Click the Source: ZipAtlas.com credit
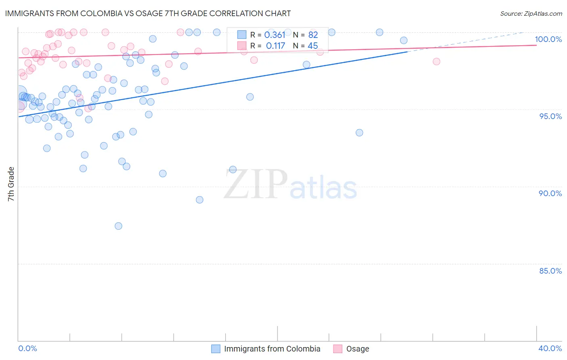(x=531, y=13)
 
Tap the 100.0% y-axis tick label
(x=548, y=39)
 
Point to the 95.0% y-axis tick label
(x=550, y=116)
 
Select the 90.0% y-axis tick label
(x=550, y=193)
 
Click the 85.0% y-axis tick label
(x=550, y=271)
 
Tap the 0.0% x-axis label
(x=27, y=348)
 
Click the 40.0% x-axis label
(x=550, y=348)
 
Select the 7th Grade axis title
(x=11, y=184)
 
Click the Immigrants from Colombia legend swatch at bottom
(x=216, y=349)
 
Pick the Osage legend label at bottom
(x=358, y=349)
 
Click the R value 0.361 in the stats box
(x=275, y=35)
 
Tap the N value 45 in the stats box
(x=313, y=46)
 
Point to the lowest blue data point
(x=118, y=226)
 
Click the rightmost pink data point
(x=436, y=61)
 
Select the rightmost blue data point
(x=404, y=40)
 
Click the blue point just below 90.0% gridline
(x=200, y=200)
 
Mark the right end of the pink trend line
(x=536, y=45)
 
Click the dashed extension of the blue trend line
(x=464, y=42)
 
